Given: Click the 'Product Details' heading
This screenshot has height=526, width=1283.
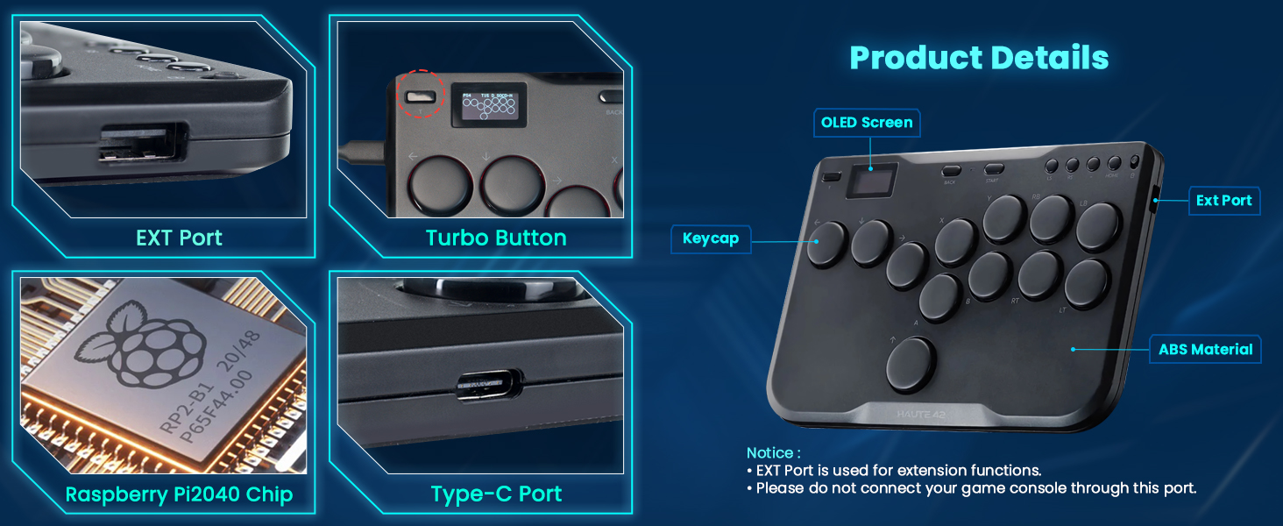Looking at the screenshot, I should (979, 58).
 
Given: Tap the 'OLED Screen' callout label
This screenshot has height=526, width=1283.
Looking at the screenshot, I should (867, 123).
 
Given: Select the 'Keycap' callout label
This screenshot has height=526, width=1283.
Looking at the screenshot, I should (711, 238).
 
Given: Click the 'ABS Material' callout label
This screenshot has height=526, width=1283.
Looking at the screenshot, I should (1205, 350).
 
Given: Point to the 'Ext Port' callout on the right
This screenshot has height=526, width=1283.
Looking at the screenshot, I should (1223, 201).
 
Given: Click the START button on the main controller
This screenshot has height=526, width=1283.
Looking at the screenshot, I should (993, 170).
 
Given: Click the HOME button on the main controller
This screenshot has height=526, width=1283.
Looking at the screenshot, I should (1114, 164).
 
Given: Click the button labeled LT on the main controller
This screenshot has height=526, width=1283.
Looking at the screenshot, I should (1088, 283).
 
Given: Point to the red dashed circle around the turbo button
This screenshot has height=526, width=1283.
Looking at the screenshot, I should (421, 94).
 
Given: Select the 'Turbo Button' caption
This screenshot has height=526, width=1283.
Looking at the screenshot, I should (496, 238).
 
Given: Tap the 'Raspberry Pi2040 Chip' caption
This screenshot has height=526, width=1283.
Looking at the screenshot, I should (179, 494).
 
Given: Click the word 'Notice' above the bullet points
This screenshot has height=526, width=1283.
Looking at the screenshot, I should (771, 453).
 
